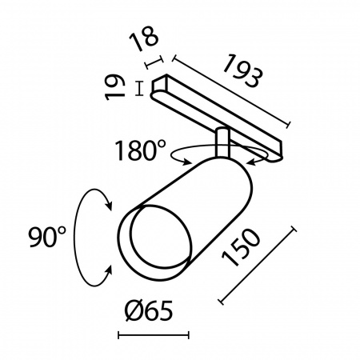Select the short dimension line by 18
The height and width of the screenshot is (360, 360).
(x=155, y=62)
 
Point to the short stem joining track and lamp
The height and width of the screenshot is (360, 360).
(x=222, y=142)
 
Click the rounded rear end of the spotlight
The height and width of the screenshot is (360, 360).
(x=233, y=168)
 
